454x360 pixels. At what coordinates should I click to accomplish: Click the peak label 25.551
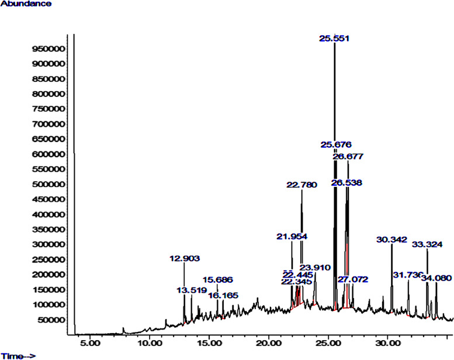click(334, 39)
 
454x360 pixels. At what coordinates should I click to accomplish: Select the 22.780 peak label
click(301, 185)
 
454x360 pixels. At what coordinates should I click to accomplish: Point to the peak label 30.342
click(391, 240)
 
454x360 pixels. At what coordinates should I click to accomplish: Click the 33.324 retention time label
click(428, 244)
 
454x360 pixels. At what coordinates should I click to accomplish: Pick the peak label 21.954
click(292, 236)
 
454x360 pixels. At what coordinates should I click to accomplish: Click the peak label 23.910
click(315, 268)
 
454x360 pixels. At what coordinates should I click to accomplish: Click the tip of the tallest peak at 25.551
click(334, 44)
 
